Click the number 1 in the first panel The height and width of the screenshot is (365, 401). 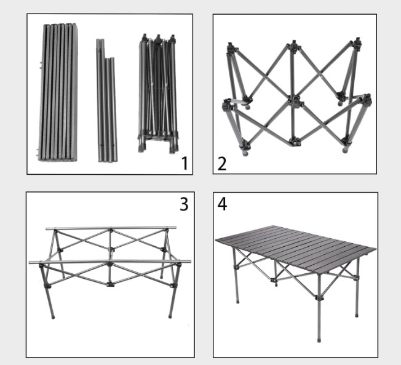[185, 163]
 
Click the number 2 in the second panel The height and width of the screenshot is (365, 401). [222, 164]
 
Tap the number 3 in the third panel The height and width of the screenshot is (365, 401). [184, 204]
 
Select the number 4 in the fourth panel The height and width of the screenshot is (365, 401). [222, 204]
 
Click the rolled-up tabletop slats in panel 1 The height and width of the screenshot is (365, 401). [58, 92]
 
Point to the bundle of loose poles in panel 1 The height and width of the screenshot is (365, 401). [107, 100]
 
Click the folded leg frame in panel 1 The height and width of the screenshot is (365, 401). [158, 94]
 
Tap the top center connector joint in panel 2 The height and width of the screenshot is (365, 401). [294, 45]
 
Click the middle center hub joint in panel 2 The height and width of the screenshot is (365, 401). [296, 101]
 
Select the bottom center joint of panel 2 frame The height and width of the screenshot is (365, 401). [295, 142]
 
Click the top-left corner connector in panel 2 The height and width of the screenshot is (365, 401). [232, 47]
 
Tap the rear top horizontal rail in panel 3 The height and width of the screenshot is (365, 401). [111, 228]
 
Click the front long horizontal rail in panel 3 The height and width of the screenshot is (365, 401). [110, 262]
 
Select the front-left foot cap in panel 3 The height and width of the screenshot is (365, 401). [53, 317]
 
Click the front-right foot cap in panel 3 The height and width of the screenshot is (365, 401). [170, 316]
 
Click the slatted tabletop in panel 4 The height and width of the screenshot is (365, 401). [295, 248]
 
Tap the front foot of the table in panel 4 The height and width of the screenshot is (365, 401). [319, 340]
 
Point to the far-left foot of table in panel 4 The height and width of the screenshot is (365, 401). [237, 302]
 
